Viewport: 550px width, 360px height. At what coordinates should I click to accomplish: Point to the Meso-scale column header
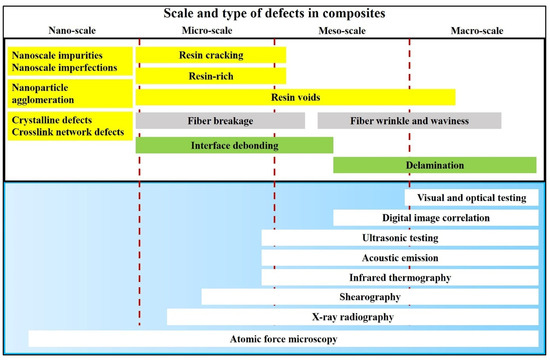(342, 31)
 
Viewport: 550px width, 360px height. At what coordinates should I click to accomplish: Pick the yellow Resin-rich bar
(210, 75)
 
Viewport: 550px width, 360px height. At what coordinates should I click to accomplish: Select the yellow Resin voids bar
(295, 97)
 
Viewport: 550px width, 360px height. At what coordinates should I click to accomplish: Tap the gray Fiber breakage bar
(220, 121)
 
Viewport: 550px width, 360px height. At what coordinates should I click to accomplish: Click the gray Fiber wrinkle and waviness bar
(409, 121)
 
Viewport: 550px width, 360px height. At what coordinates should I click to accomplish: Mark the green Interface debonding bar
(234, 145)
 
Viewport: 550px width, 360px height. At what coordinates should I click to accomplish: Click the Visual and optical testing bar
(473, 198)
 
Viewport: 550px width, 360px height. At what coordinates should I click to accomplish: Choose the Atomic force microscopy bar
(284, 338)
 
